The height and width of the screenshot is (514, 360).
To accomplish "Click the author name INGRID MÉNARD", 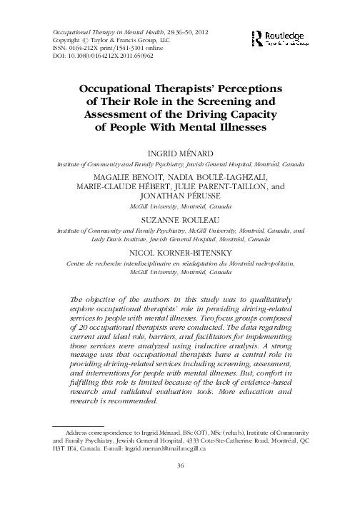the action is (x=180, y=154).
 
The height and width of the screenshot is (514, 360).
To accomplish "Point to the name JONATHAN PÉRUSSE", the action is (x=180, y=193).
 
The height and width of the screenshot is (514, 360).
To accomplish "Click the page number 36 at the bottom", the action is (x=180, y=466).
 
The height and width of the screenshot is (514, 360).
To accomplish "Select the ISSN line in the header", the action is (x=105, y=47).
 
